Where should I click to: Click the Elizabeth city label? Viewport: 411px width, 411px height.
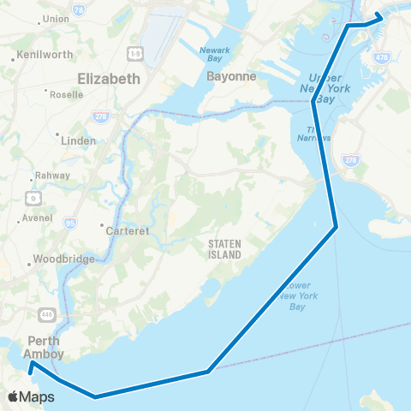tap(108, 79)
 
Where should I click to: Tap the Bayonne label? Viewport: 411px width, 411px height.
tap(231, 76)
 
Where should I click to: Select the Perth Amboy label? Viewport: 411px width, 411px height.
tap(44, 346)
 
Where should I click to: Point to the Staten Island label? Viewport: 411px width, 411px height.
tap(224, 249)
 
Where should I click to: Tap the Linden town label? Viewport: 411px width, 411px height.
tap(80, 140)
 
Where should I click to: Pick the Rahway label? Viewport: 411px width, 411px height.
tap(45, 176)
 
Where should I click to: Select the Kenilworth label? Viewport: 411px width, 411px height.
tap(42, 58)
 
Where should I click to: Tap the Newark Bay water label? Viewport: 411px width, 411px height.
tap(215, 54)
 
